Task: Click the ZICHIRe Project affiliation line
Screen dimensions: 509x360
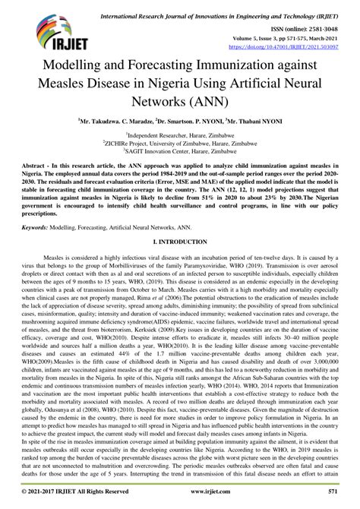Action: point(180,142)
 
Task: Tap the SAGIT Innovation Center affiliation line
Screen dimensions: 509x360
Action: point(180,150)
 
